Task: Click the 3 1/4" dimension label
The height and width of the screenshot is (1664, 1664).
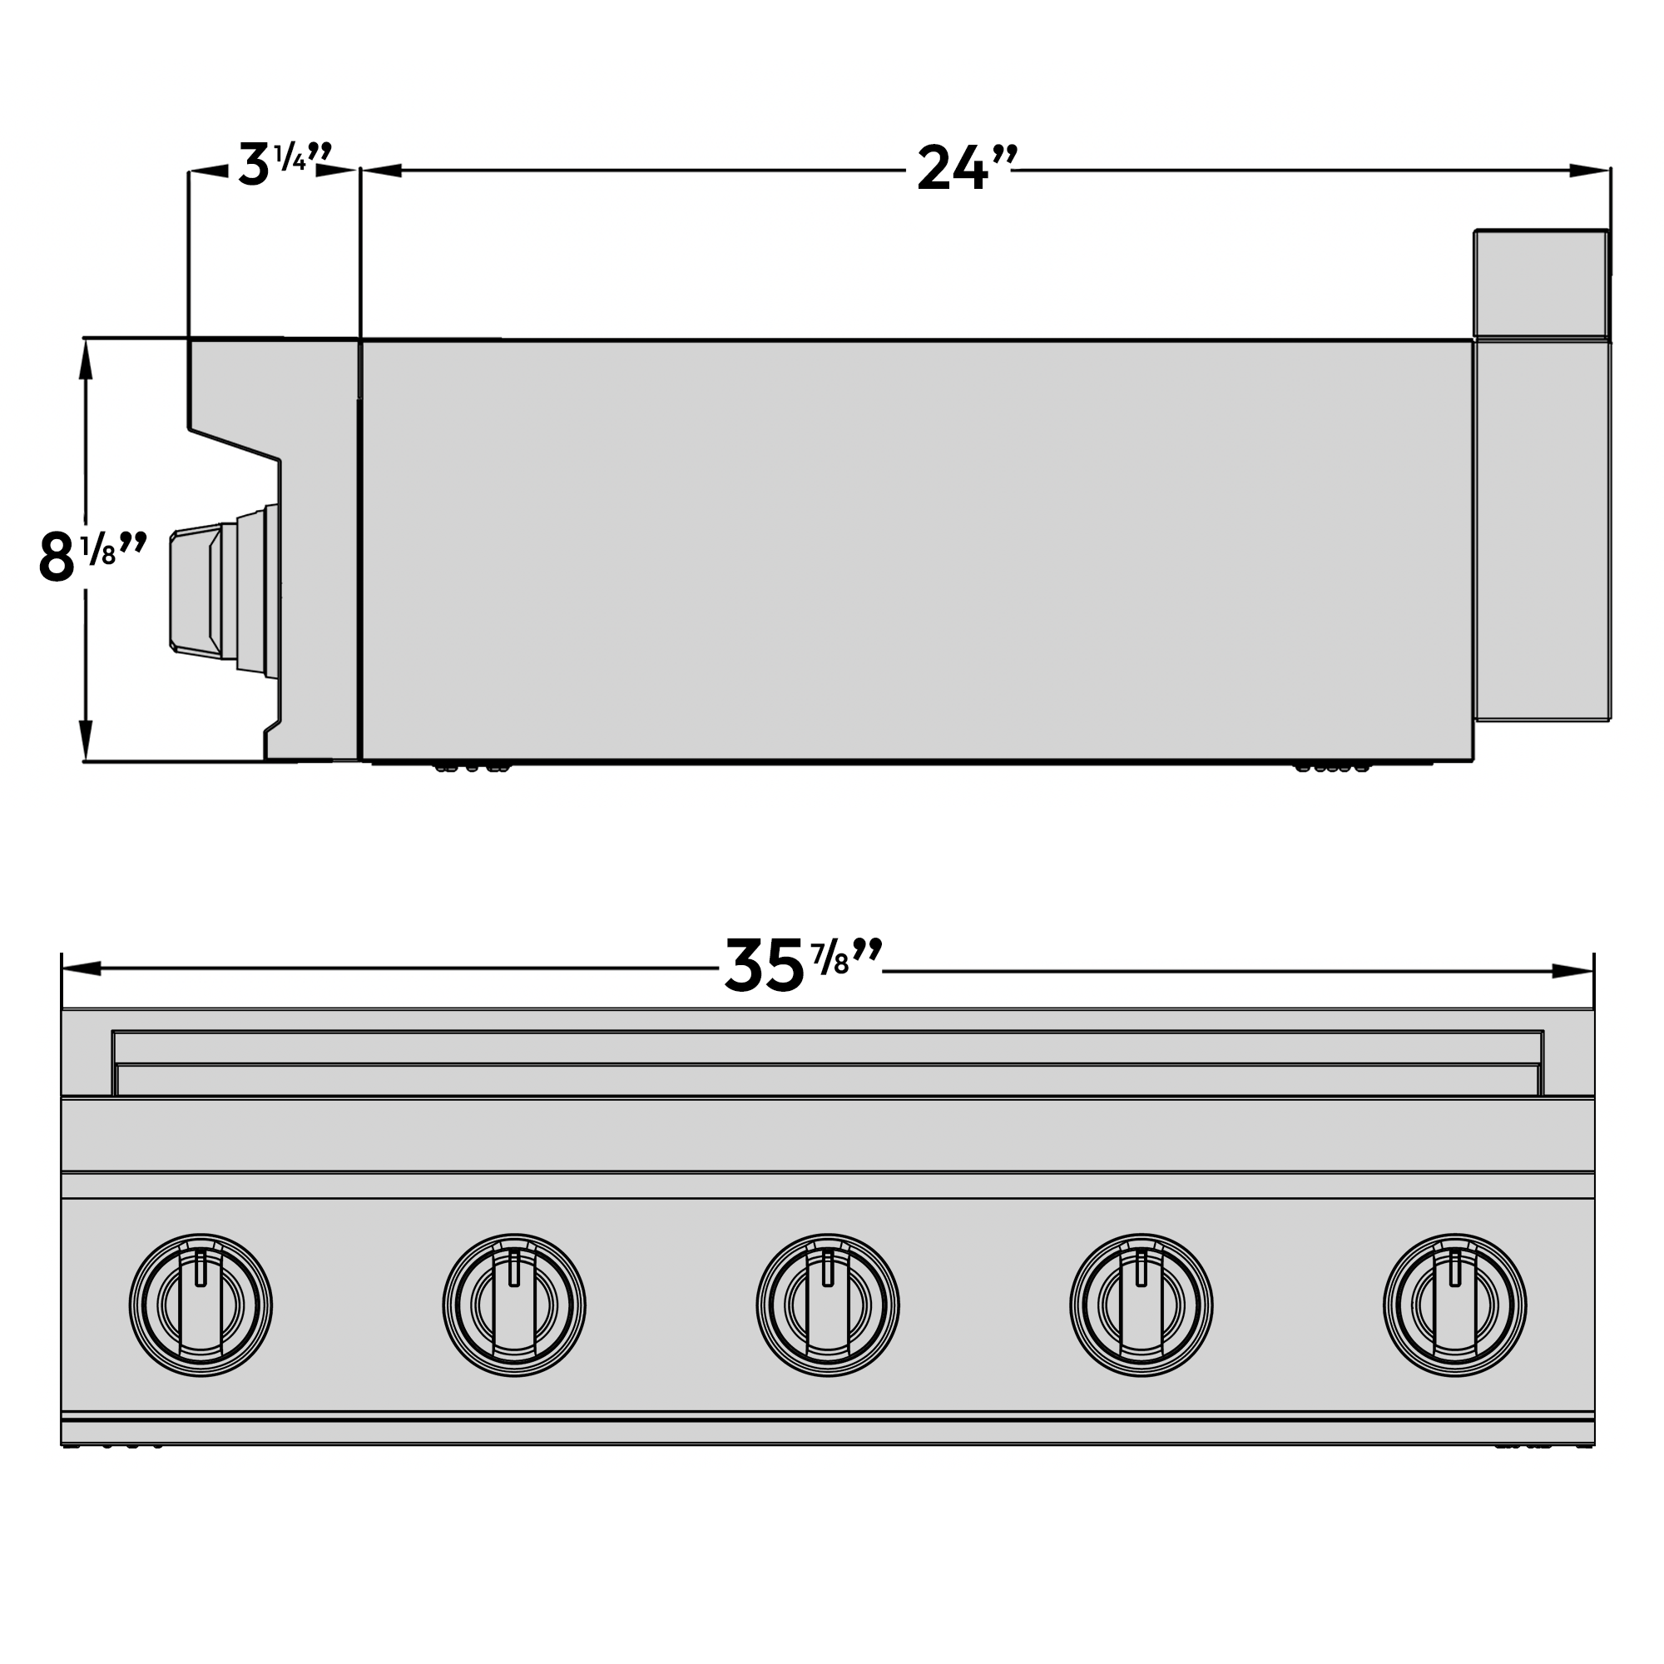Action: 283,165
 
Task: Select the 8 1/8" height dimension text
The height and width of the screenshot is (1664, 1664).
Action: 92,557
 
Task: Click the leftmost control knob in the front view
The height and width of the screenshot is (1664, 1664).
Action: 201,1305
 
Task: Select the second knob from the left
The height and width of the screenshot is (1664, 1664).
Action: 514,1305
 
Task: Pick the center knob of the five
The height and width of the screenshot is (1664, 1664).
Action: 828,1305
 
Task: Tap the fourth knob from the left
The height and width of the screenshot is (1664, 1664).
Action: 1142,1305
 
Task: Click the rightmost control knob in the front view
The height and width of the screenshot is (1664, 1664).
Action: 1454,1305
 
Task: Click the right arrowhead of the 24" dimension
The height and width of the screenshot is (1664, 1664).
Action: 1590,171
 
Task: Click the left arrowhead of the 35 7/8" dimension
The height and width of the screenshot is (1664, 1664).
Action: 82,969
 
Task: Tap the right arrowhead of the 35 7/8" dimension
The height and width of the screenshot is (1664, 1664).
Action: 1572,972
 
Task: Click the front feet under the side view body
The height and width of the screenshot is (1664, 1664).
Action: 472,766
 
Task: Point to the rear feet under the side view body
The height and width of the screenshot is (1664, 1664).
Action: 1331,766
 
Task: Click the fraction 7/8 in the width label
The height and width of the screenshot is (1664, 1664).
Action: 830,959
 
